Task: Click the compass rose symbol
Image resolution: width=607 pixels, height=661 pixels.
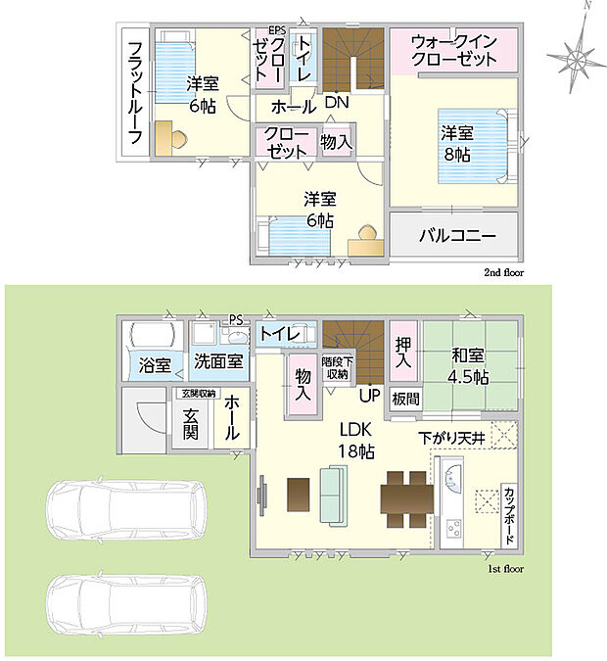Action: click(x=577, y=56)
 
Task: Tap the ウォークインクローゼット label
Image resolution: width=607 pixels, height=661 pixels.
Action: click(x=454, y=51)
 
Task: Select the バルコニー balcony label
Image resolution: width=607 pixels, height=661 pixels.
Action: click(x=458, y=235)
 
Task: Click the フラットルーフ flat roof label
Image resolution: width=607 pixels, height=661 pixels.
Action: click(x=135, y=93)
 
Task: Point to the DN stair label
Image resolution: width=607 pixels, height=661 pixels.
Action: click(x=337, y=102)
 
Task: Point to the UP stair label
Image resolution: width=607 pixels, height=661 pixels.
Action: click(x=370, y=396)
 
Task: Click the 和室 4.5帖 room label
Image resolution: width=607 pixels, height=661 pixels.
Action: click(x=468, y=366)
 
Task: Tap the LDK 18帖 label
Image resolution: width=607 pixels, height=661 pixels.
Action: click(x=356, y=441)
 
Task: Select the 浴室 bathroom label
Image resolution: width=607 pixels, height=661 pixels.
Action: click(x=155, y=365)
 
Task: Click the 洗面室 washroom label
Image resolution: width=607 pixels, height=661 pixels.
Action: click(x=218, y=361)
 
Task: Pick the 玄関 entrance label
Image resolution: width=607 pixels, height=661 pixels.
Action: click(x=191, y=424)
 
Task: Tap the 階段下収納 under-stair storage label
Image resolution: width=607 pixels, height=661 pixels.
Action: click(x=337, y=367)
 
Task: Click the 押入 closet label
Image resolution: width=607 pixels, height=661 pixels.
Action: click(x=403, y=353)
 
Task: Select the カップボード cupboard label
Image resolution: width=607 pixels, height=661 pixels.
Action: click(x=509, y=515)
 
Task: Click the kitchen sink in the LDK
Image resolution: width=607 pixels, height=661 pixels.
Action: click(x=452, y=477)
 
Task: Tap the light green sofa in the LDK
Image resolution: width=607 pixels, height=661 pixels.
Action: click(x=334, y=496)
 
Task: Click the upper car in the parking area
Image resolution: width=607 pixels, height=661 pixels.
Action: click(x=127, y=509)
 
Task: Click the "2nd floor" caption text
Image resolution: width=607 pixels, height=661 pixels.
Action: click(x=504, y=273)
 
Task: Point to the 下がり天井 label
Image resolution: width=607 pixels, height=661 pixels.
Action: click(x=452, y=439)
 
